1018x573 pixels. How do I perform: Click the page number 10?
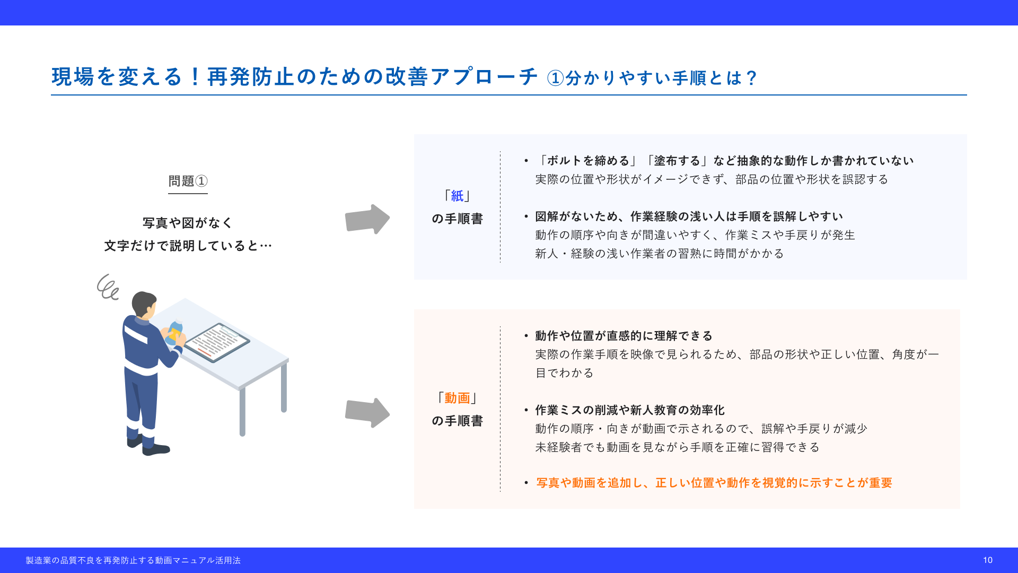tap(987, 560)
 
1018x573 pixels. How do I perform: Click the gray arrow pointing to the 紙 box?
tap(367, 219)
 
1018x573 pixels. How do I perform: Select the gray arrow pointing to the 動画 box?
tap(367, 413)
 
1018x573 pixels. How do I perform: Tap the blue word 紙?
tap(457, 196)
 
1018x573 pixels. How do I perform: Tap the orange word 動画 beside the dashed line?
tap(457, 398)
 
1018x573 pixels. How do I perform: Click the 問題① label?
tap(188, 181)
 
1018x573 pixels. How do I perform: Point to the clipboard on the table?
tap(217, 342)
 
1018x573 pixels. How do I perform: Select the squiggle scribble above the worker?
tap(108, 287)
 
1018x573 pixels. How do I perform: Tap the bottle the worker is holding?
tap(174, 333)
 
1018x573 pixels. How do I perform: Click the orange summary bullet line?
tap(714, 483)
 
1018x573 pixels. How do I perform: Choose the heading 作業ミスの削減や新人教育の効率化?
tap(630, 410)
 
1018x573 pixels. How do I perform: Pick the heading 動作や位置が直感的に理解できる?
tap(624, 336)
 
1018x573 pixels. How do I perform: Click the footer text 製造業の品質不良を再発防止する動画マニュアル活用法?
tap(133, 560)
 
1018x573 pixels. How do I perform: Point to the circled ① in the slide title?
tap(555, 78)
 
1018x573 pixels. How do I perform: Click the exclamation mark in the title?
tap(195, 77)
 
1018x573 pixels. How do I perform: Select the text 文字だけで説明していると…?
tap(188, 246)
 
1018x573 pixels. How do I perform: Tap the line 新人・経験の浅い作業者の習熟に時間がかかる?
tap(660, 254)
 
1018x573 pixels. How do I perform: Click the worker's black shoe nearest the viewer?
tap(156, 449)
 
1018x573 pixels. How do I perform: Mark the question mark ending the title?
tap(751, 78)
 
